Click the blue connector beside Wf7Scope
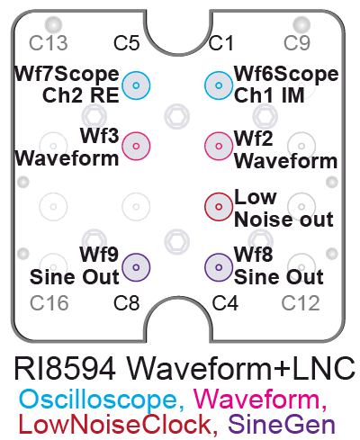point(136,85)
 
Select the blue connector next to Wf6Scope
point(219,85)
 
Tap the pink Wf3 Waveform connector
point(136,146)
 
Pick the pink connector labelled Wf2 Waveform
point(219,146)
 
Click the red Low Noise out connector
point(219,207)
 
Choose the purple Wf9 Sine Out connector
point(136,267)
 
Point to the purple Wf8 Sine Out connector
point(219,267)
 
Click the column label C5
point(126,43)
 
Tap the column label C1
point(221,43)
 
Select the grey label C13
point(49,43)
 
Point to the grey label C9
point(297,43)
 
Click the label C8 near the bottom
point(126,303)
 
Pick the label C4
point(225,303)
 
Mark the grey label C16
point(49,303)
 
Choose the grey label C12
point(301,303)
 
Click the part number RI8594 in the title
point(65,368)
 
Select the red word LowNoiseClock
point(115,424)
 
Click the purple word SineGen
point(282,424)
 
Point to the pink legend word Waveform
point(256,399)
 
